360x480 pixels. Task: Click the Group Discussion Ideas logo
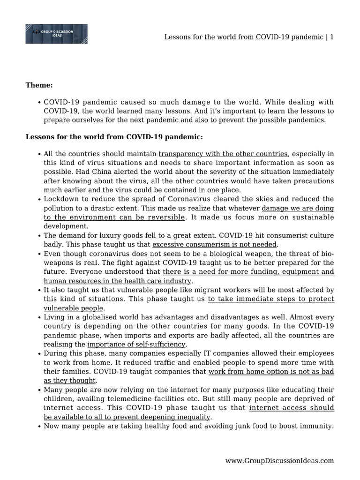click(x=56, y=34)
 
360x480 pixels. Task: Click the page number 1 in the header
click(x=332, y=37)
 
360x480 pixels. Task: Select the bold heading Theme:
click(x=39, y=85)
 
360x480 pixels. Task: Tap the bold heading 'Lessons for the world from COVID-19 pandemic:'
click(x=114, y=137)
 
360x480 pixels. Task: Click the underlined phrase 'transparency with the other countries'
click(x=223, y=154)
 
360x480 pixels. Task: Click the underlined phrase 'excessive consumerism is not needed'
click(x=215, y=244)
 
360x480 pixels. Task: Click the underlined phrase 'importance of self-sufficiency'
click(x=136, y=345)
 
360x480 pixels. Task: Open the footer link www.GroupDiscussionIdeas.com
click(x=279, y=461)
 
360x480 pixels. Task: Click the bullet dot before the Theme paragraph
click(x=38, y=102)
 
